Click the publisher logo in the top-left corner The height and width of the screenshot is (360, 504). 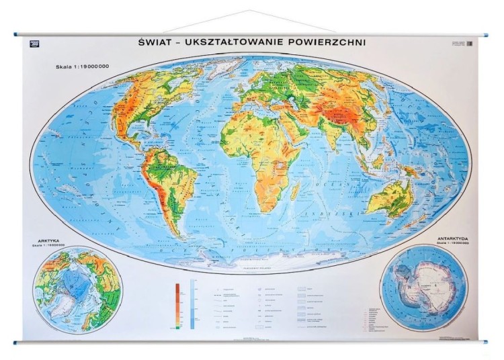click(35, 44)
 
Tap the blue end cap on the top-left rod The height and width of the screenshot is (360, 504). click(16, 34)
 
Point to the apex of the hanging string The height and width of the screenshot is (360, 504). click(250, 11)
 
